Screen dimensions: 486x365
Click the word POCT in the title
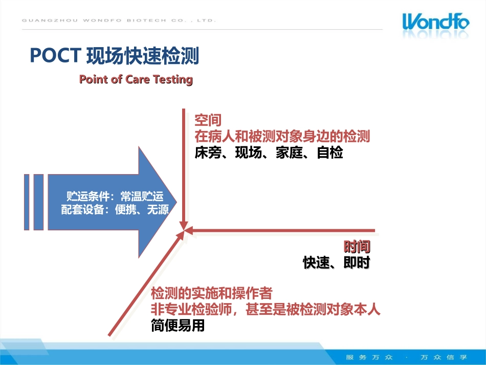[x=55, y=56]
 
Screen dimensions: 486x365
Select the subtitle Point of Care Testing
[x=136, y=79]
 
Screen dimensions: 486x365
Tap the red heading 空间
[x=208, y=120]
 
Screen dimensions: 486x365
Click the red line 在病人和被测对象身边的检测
[x=282, y=136]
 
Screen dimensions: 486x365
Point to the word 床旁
[x=208, y=153]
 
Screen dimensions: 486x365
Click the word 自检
[x=330, y=153]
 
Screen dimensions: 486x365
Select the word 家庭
[x=289, y=153]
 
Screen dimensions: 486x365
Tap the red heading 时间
[x=357, y=247]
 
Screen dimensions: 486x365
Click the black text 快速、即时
[x=336, y=263]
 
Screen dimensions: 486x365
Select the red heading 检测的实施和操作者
[x=212, y=293]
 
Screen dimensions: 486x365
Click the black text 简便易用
[x=178, y=325]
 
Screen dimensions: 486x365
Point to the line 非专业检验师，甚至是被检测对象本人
[x=266, y=309]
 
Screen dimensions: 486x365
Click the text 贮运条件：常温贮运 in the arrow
[x=115, y=196]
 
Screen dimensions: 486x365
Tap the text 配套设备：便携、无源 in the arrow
[x=115, y=210]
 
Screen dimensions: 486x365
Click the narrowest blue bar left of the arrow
[x=27, y=202]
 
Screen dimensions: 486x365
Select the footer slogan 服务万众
[x=369, y=357]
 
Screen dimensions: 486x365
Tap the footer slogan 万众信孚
[x=444, y=357]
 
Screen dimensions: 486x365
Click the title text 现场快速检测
[x=143, y=56]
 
